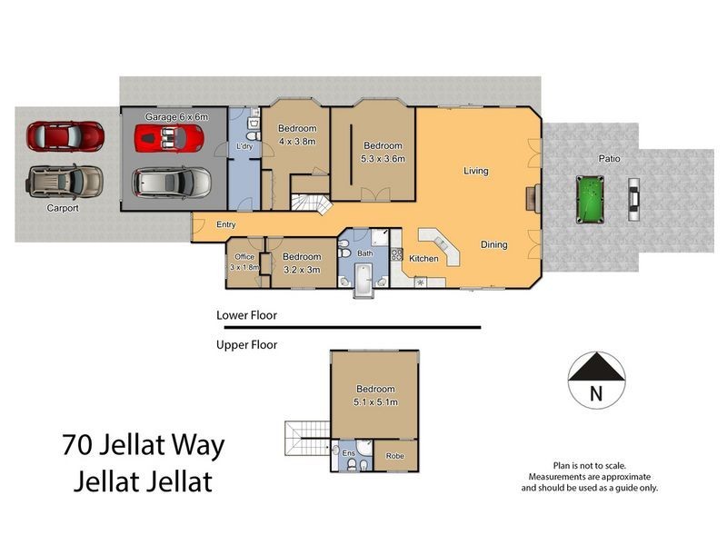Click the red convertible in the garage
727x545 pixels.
click(168, 139)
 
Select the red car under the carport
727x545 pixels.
click(65, 137)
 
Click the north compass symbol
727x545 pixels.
click(595, 378)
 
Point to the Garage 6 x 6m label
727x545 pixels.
click(177, 117)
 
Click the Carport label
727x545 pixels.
click(63, 208)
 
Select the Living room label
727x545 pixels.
click(475, 171)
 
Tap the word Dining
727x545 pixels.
click(493, 244)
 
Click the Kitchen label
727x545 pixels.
click(423, 259)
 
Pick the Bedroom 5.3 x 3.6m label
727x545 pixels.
click(383, 152)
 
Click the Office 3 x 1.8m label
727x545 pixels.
click(244, 262)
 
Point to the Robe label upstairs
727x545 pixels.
click(394, 456)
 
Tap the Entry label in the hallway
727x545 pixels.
click(226, 225)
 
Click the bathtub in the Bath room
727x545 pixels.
click(363, 279)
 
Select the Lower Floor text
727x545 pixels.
click(246, 316)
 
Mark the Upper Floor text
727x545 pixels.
click(246, 344)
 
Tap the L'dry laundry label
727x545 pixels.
click(244, 146)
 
